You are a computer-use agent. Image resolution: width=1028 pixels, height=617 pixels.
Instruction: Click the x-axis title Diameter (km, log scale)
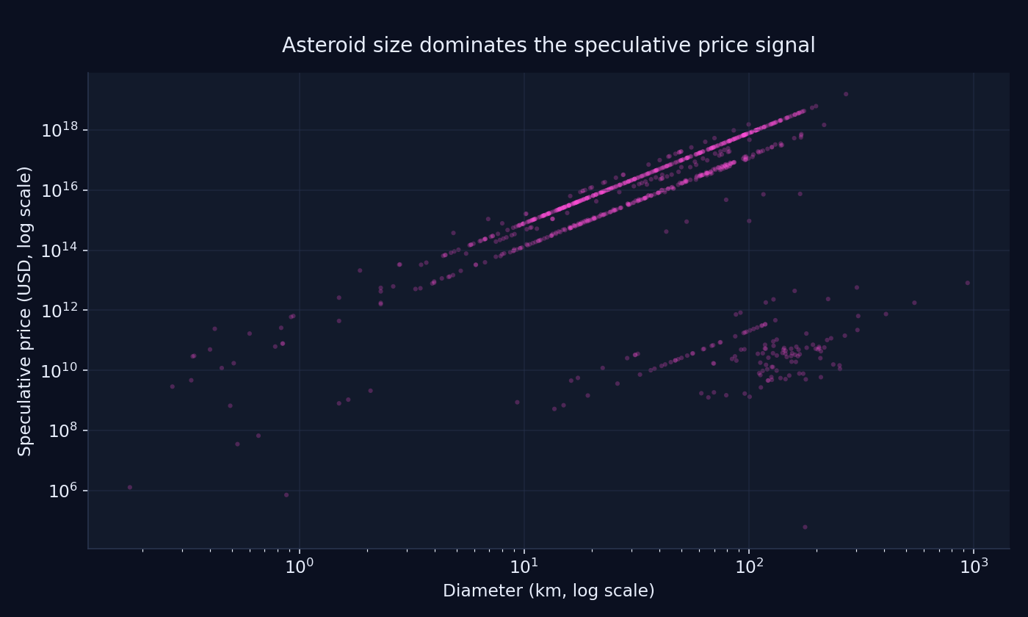[549, 591]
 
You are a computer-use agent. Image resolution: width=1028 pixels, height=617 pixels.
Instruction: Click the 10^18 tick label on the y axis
[65, 131]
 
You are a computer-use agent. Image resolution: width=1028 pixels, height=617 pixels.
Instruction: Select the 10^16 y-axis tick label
[65, 191]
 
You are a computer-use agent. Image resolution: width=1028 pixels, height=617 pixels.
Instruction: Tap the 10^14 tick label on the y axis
[65, 250]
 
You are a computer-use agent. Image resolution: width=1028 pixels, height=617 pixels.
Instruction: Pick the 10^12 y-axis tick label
[65, 311]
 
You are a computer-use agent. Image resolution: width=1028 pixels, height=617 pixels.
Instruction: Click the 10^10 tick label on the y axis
[65, 371]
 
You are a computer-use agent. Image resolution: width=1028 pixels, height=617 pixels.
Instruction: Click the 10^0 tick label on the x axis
[300, 566]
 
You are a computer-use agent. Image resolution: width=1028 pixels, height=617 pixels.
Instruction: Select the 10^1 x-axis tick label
[524, 566]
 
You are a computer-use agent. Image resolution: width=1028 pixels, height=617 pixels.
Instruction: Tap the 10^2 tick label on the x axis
[749, 566]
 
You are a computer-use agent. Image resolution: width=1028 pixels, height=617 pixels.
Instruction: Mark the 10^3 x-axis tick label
[974, 566]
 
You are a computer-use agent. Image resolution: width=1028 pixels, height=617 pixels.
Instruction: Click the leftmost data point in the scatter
[130, 487]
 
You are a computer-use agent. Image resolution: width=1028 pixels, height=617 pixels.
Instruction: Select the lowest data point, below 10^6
[805, 527]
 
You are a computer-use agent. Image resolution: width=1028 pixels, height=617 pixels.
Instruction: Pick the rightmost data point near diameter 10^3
[967, 283]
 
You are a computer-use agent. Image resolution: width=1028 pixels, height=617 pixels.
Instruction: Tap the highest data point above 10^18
[846, 94]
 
